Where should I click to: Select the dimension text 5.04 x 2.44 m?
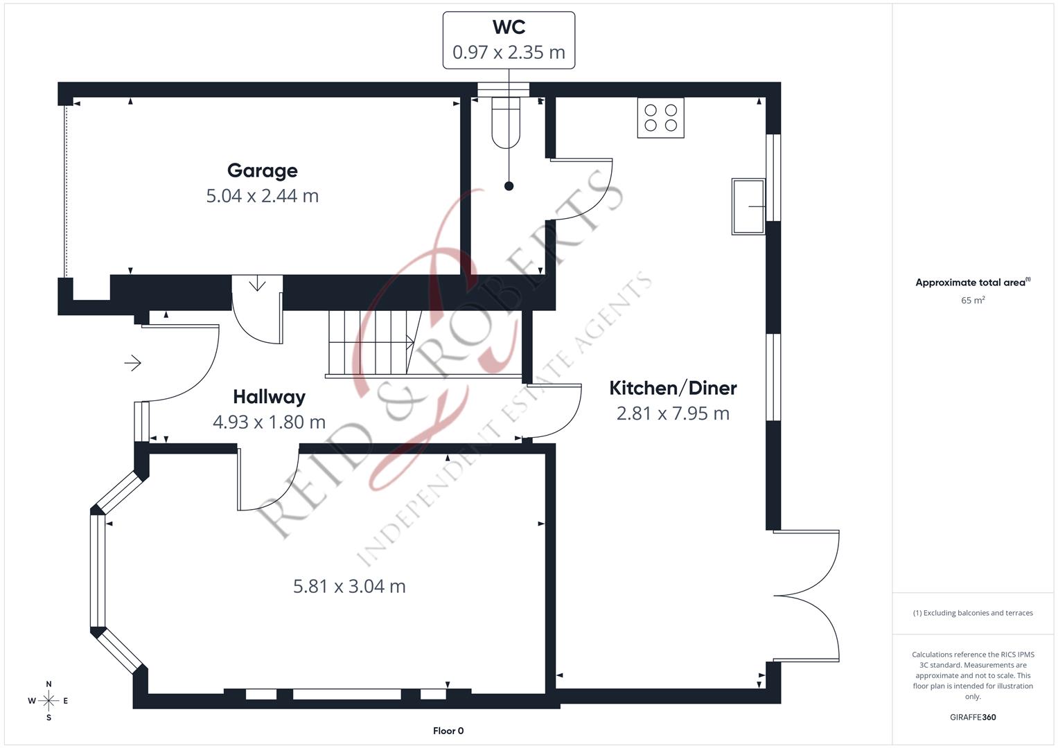(x=263, y=196)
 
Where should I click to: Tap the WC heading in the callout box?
(x=509, y=27)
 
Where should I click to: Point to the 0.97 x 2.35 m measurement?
(x=509, y=53)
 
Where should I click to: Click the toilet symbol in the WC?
(x=506, y=123)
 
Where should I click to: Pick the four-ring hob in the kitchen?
(x=661, y=118)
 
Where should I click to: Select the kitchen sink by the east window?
(x=748, y=206)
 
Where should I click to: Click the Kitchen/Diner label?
(x=673, y=388)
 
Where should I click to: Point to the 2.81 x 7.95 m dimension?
(x=673, y=413)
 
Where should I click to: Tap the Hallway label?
(x=270, y=397)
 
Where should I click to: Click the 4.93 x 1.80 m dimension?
(x=270, y=422)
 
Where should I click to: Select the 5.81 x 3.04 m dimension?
(x=349, y=587)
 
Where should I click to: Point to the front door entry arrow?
(x=133, y=363)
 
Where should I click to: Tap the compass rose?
(x=49, y=701)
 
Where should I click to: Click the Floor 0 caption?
(x=448, y=731)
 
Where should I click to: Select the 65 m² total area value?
(x=973, y=301)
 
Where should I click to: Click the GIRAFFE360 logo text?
(x=973, y=717)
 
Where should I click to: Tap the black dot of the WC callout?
(x=509, y=186)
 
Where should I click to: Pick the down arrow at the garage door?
(x=257, y=284)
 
